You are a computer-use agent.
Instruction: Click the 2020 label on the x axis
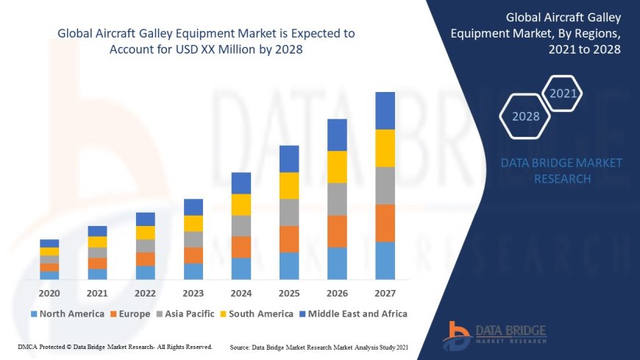point(49,293)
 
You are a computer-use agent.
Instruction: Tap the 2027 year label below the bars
point(385,293)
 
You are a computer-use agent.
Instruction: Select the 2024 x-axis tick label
point(241,293)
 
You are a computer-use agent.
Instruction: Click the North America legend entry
point(68,314)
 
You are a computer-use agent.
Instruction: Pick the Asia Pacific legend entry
point(183,314)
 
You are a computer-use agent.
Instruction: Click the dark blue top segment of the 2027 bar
point(385,110)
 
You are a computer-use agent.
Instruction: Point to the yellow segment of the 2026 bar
point(337,166)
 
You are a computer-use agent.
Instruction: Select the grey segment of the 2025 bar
point(289,212)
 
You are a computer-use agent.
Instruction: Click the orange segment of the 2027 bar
point(385,223)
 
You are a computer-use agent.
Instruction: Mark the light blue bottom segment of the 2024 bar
point(241,269)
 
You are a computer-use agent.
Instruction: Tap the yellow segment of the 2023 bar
point(193,223)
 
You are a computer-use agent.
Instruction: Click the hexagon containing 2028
point(525,116)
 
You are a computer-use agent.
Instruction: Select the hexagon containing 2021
point(563,93)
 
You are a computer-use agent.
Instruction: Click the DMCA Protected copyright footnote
point(115,346)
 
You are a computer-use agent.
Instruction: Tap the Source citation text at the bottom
point(319,346)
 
